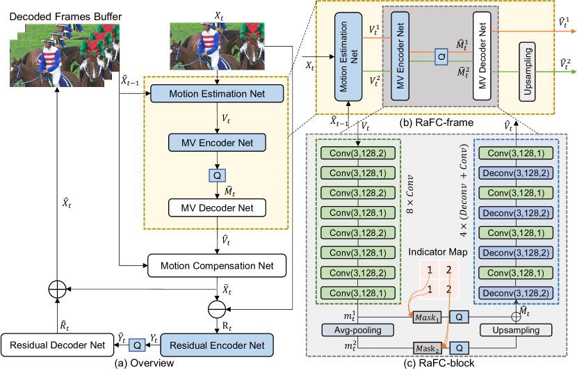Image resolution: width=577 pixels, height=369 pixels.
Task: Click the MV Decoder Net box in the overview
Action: [x=217, y=207]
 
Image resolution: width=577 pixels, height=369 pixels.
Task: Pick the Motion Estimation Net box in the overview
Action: [x=217, y=93]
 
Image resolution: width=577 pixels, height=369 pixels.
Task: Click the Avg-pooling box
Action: [x=351, y=328]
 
